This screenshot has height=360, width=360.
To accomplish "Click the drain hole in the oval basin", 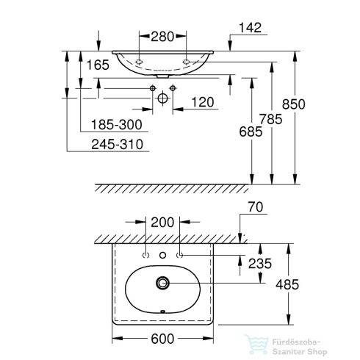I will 163,282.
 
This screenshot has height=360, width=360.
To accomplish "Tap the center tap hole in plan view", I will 163,255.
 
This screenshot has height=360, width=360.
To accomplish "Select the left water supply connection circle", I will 153,89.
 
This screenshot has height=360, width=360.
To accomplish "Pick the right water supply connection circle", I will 173,89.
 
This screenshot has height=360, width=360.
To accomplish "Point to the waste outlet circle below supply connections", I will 162,98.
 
